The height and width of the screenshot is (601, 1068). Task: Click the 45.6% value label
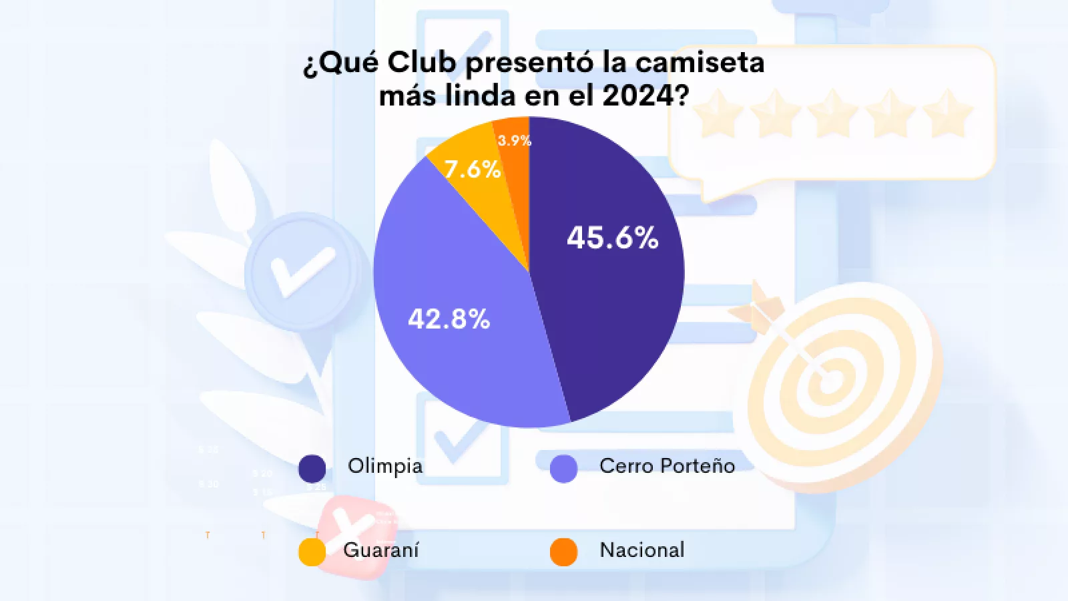click(x=613, y=238)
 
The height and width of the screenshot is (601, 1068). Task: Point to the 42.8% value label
click(x=449, y=319)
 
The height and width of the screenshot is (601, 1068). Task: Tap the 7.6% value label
click(x=473, y=169)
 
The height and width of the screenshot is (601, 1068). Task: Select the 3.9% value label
click(x=515, y=140)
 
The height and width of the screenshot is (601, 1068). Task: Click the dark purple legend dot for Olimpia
click(x=312, y=468)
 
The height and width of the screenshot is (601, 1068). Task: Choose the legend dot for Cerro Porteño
click(x=563, y=468)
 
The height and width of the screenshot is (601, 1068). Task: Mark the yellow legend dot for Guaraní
click(x=312, y=552)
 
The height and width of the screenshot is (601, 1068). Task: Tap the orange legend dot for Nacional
click(x=563, y=552)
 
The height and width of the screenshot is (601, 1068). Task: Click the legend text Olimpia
click(x=385, y=465)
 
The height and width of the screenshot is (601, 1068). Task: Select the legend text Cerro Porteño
click(x=667, y=465)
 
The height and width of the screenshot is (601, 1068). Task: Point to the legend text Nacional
click(x=642, y=550)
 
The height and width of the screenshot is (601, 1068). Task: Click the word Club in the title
click(x=422, y=62)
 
